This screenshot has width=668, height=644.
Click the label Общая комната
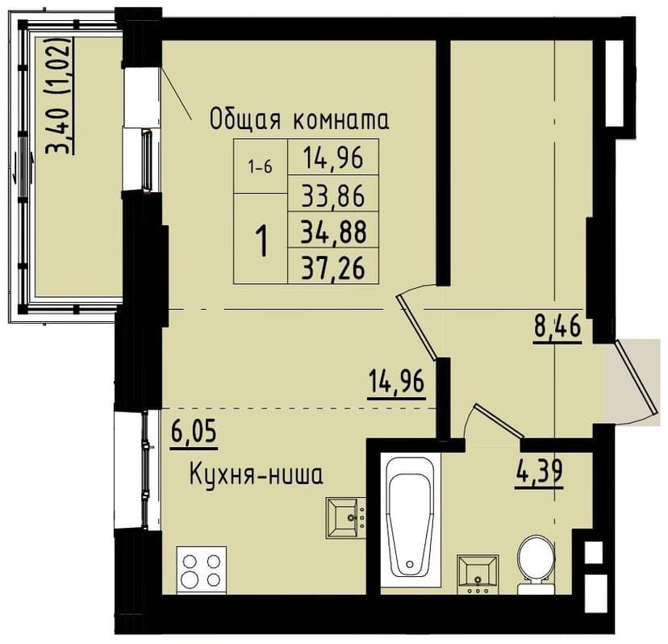tap(299, 120)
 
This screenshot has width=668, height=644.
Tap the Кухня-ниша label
tap(256, 475)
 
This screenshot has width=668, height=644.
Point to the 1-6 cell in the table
tap(261, 167)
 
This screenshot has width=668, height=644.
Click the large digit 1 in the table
tap(261, 240)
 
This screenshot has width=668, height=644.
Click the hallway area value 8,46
tap(557, 329)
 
